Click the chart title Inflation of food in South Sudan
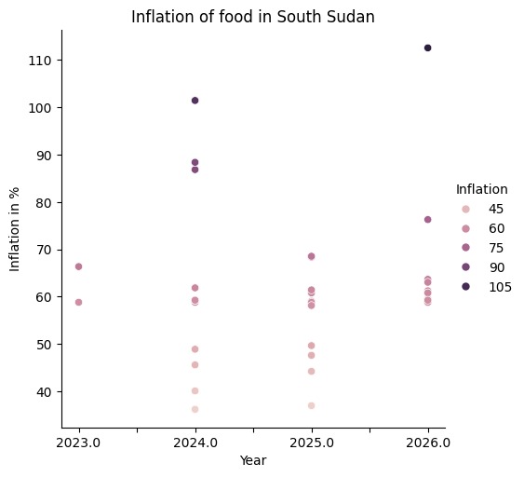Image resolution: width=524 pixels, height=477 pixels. (x=253, y=17)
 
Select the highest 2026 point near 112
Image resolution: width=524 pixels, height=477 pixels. (x=427, y=48)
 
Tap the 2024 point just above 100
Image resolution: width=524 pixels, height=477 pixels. (x=195, y=100)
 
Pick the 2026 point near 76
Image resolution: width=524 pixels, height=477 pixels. (x=427, y=220)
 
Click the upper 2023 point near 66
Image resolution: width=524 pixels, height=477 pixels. (x=78, y=266)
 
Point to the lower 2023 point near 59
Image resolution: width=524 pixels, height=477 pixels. (x=78, y=302)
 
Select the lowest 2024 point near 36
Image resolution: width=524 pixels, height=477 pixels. (x=195, y=409)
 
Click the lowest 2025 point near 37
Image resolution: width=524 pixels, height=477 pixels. (x=311, y=405)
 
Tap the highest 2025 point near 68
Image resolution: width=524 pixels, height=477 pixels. (x=311, y=256)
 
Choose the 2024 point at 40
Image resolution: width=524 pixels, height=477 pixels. (x=195, y=390)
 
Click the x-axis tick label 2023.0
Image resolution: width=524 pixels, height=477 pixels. (x=78, y=443)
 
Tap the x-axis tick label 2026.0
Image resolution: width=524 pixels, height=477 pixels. (x=427, y=443)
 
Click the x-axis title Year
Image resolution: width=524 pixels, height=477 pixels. (x=253, y=460)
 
